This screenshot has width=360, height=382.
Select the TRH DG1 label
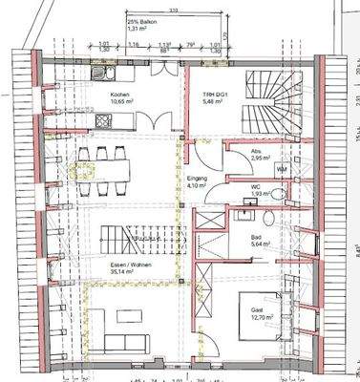[x=213, y=95]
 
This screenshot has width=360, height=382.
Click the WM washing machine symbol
[x=282, y=168]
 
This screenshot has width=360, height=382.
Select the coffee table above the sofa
[x=123, y=315]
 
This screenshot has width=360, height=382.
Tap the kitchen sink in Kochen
[x=102, y=71]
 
